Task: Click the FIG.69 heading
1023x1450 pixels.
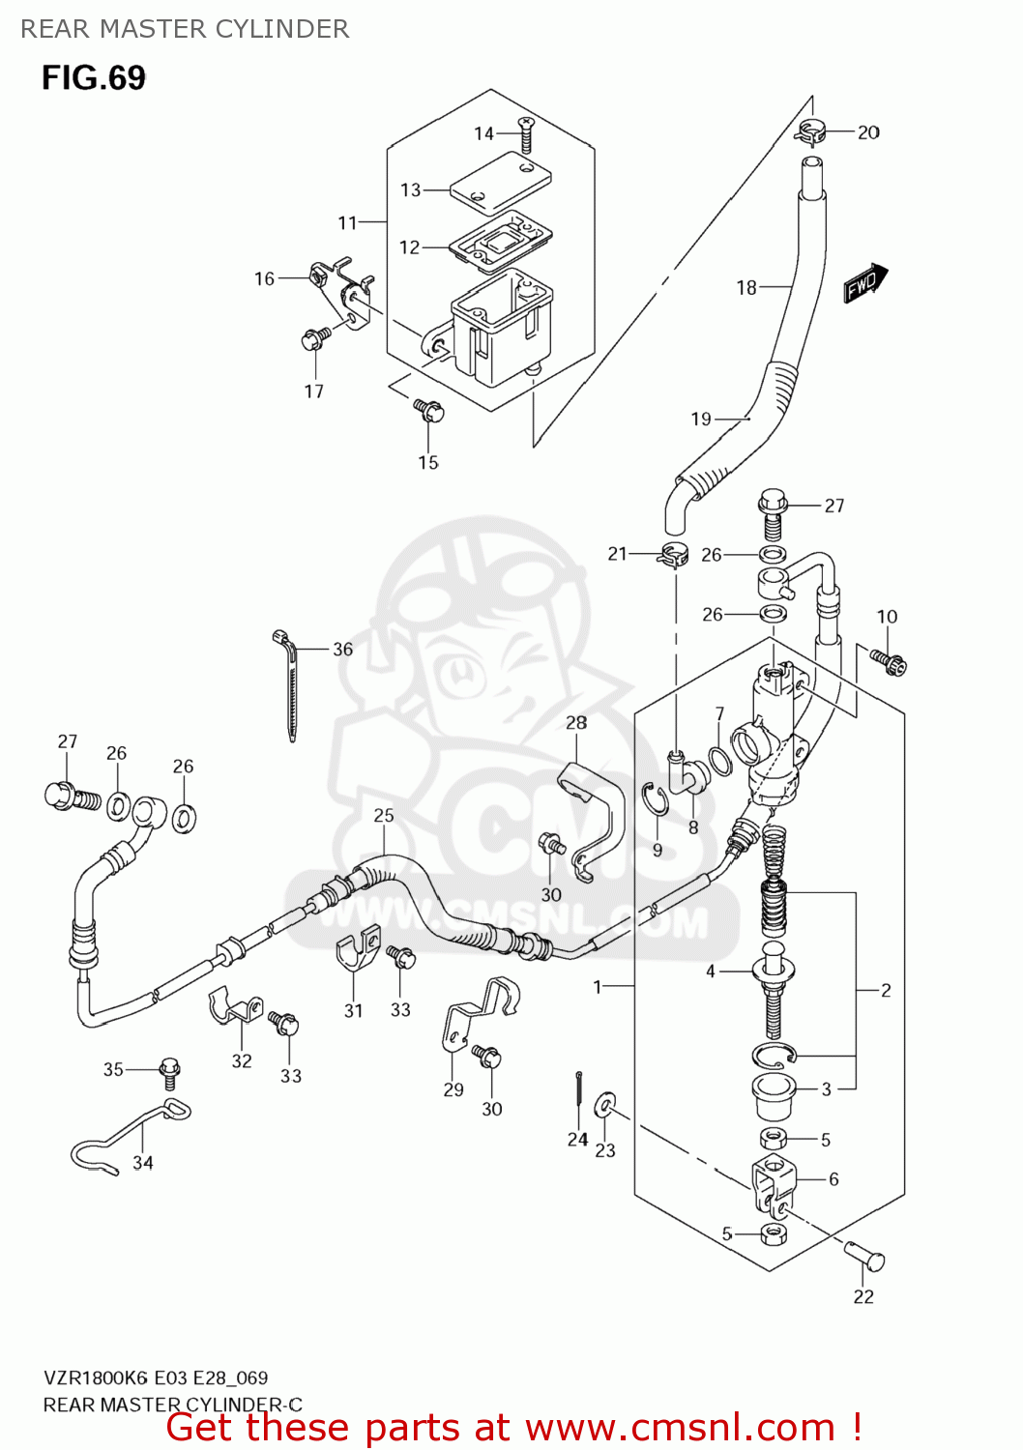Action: coord(94,77)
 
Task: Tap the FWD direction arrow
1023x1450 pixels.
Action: coord(864,282)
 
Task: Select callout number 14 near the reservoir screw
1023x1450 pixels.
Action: coord(483,133)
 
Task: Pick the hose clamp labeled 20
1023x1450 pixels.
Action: coord(810,131)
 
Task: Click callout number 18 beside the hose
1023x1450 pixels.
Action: coord(745,287)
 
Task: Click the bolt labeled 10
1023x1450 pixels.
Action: coord(889,662)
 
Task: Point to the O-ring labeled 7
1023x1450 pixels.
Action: coord(719,762)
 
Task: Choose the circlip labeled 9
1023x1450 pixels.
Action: coord(656,801)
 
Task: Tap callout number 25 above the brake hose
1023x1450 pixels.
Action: coord(384,815)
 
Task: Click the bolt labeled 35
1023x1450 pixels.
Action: coord(169,1069)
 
